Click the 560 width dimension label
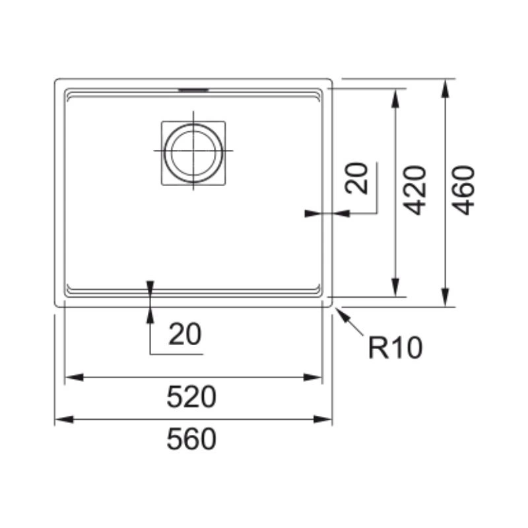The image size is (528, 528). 191,439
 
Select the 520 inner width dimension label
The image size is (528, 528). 191,397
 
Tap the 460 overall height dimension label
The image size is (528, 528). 463,190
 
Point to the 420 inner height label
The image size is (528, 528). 415,190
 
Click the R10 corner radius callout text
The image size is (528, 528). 395,348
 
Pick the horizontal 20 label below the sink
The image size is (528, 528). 185,334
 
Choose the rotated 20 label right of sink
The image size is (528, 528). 356,178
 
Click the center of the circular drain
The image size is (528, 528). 193,150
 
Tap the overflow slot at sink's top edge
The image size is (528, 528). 193,90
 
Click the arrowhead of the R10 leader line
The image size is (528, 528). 339,312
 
